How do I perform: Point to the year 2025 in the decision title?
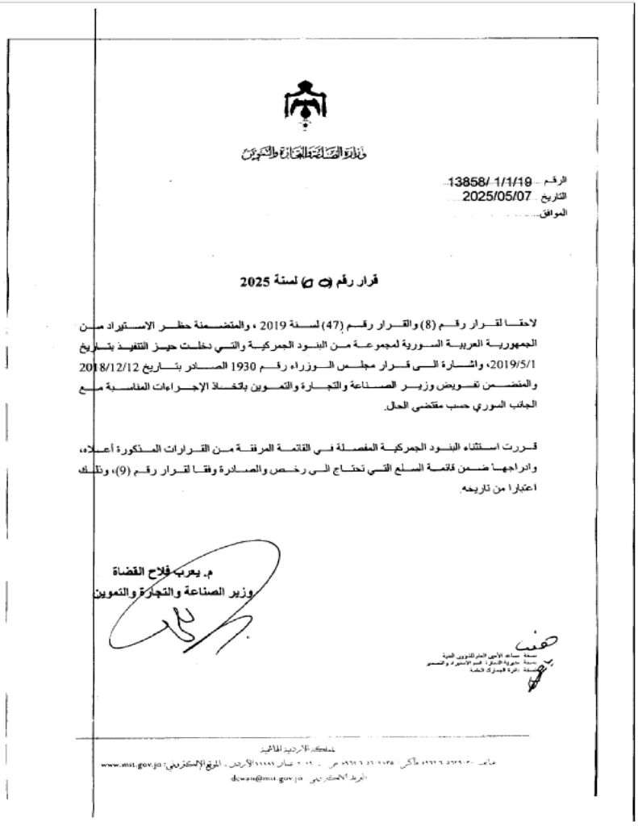[x=257, y=282]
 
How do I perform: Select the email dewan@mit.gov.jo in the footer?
[x=267, y=778]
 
